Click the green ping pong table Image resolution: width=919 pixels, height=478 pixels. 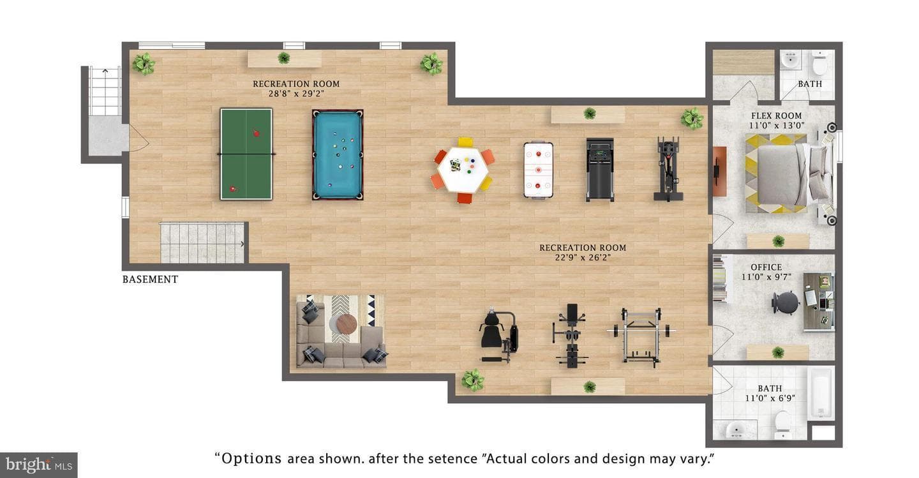[246, 154]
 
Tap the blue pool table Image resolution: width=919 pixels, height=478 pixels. [338, 154]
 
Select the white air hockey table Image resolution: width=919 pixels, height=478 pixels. [538, 170]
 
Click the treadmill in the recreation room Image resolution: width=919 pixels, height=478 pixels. [600, 170]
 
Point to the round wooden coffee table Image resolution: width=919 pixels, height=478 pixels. [347, 324]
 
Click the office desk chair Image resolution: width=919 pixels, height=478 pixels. [785, 302]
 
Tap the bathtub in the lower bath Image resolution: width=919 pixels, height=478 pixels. [821, 392]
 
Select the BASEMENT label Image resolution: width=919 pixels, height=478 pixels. [150, 280]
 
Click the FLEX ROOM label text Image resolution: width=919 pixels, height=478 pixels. [776, 116]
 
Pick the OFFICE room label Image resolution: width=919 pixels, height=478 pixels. [766, 267]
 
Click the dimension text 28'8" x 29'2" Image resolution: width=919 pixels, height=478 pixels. [296, 94]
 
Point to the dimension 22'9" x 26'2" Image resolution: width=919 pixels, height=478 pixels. [583, 258]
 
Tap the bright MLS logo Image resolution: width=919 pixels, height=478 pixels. [38, 465]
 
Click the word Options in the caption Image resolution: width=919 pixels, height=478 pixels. [251, 459]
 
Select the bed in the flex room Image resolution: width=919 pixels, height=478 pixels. [788, 174]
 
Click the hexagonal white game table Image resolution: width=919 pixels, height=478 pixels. [463, 170]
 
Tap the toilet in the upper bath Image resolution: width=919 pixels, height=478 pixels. [819, 63]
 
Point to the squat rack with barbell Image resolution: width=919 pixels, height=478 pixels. [641, 336]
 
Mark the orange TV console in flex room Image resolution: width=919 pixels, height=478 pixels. [719, 171]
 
